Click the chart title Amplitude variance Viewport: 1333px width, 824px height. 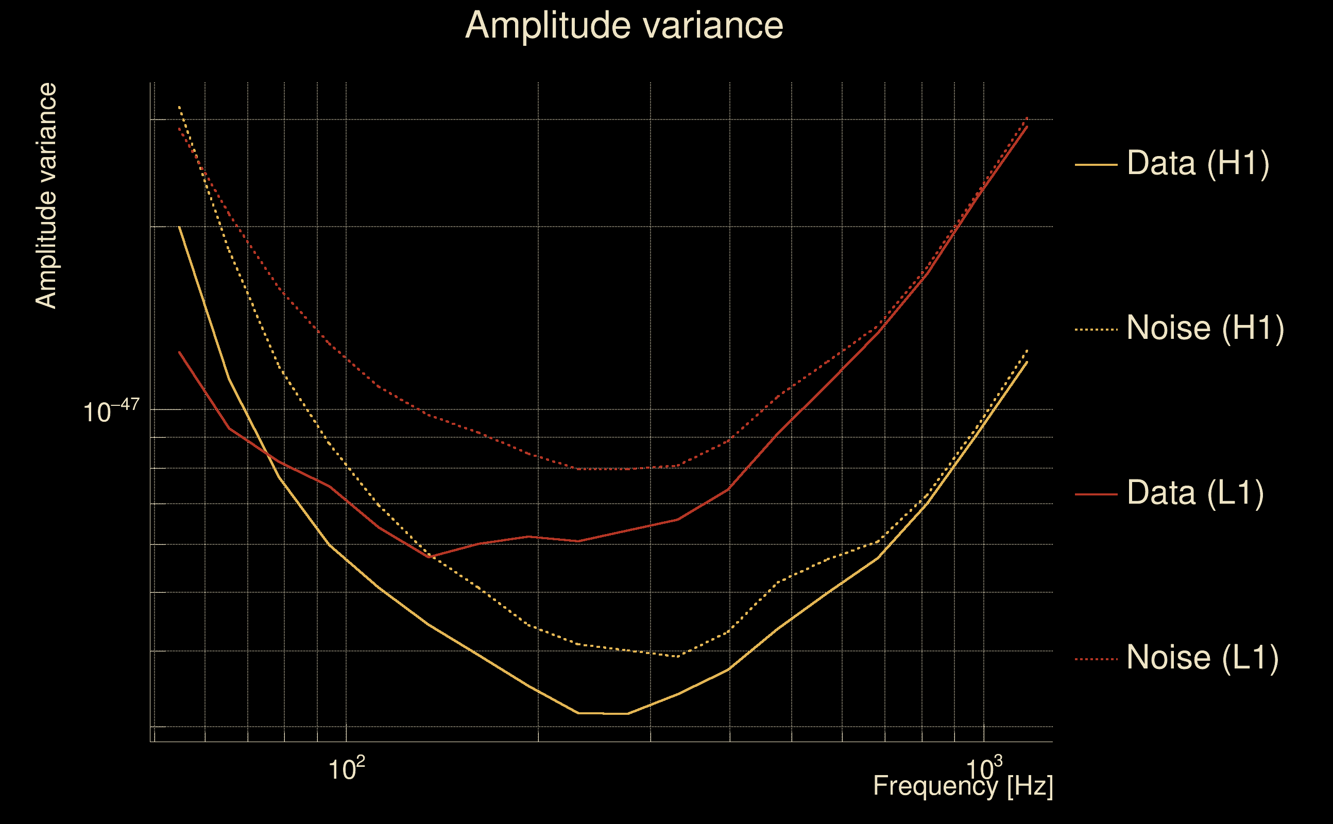click(623, 26)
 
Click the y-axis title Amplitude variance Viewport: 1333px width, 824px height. click(46, 196)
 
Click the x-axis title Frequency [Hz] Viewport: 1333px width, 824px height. click(963, 786)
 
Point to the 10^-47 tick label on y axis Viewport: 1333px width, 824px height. click(111, 411)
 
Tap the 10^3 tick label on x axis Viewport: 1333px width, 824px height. click(984, 769)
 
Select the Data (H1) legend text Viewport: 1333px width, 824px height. click(1198, 163)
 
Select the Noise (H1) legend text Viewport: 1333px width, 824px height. click(1205, 328)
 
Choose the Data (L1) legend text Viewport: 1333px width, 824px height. click(1195, 493)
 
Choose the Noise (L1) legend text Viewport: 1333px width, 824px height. click(1202, 657)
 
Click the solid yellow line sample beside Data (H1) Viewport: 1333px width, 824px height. click(1096, 165)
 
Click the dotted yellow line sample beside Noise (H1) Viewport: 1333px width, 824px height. click(1096, 330)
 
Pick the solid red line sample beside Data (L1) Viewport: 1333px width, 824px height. click(1096, 494)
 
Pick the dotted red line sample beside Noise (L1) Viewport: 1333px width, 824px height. click(1096, 659)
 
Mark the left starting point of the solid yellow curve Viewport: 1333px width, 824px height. click(179, 226)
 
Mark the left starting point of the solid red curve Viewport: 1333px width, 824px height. click(179, 352)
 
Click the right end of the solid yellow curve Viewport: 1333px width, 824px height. click(1027, 362)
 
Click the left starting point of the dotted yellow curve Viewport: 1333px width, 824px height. click(179, 107)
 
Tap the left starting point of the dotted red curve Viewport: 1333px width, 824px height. click(179, 129)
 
